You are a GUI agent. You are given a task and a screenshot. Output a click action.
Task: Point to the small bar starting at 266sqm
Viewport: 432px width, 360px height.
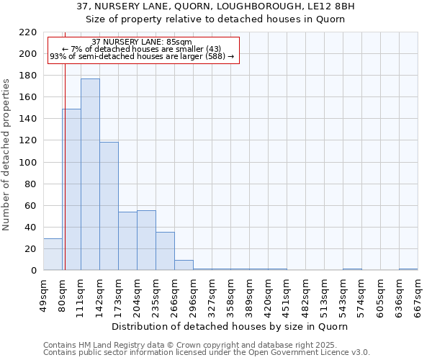(184, 265)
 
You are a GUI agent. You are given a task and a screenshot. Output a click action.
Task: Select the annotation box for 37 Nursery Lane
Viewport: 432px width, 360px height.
(143, 50)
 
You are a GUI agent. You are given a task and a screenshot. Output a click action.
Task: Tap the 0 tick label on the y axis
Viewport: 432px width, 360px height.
(34, 271)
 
